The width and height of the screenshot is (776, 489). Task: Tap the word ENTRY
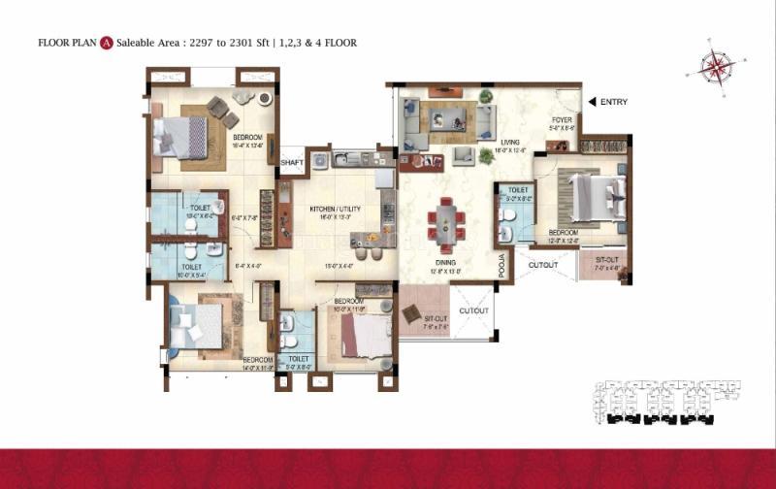point(614,102)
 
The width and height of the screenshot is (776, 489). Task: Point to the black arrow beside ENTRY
point(591,102)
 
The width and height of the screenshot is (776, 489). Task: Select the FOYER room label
point(562,120)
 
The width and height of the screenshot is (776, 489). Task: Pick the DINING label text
point(446,262)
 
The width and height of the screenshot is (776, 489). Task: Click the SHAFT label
point(292,163)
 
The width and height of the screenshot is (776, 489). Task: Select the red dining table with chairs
point(446,221)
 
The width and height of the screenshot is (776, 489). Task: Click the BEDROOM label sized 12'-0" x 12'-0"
point(564,233)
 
